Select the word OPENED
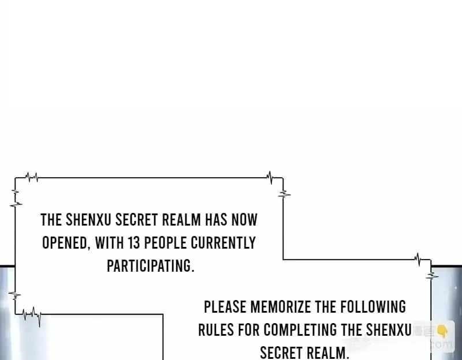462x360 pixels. coord(66,243)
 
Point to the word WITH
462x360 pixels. coord(109,243)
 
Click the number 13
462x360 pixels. coord(133,243)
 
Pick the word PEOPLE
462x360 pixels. coord(165,243)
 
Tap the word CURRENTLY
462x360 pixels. coord(223,243)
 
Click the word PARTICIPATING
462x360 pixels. coord(151,266)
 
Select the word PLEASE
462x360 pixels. coord(225,307)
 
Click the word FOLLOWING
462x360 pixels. coord(373,307)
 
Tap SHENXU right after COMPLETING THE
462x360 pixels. coord(389,329)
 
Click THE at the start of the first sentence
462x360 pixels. coord(51,220)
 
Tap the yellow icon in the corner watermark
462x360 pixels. coord(442,332)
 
